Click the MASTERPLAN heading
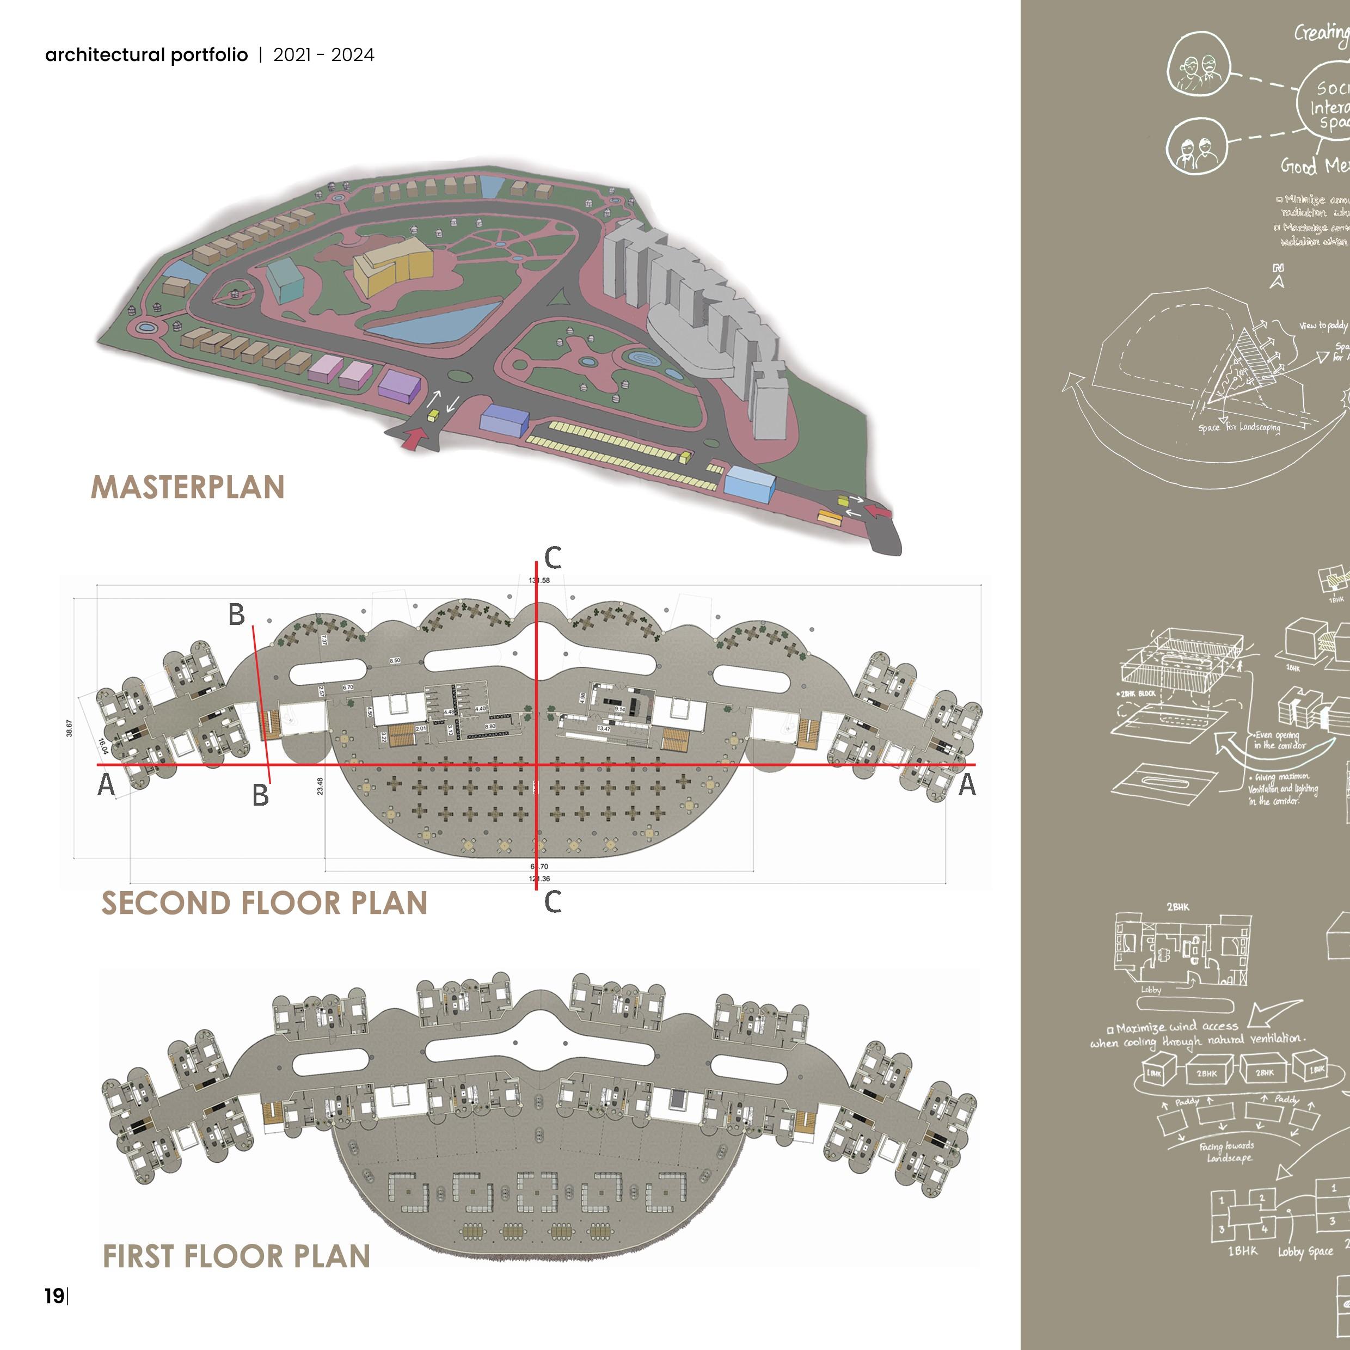pos(187,487)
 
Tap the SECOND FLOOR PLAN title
pos(264,903)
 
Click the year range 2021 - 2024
pos(323,55)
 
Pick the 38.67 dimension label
pos(69,728)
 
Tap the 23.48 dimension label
pos(320,786)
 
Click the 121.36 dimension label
pos(539,879)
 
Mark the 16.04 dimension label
pos(103,747)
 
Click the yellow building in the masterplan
pos(392,266)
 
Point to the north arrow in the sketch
pos(1279,277)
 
